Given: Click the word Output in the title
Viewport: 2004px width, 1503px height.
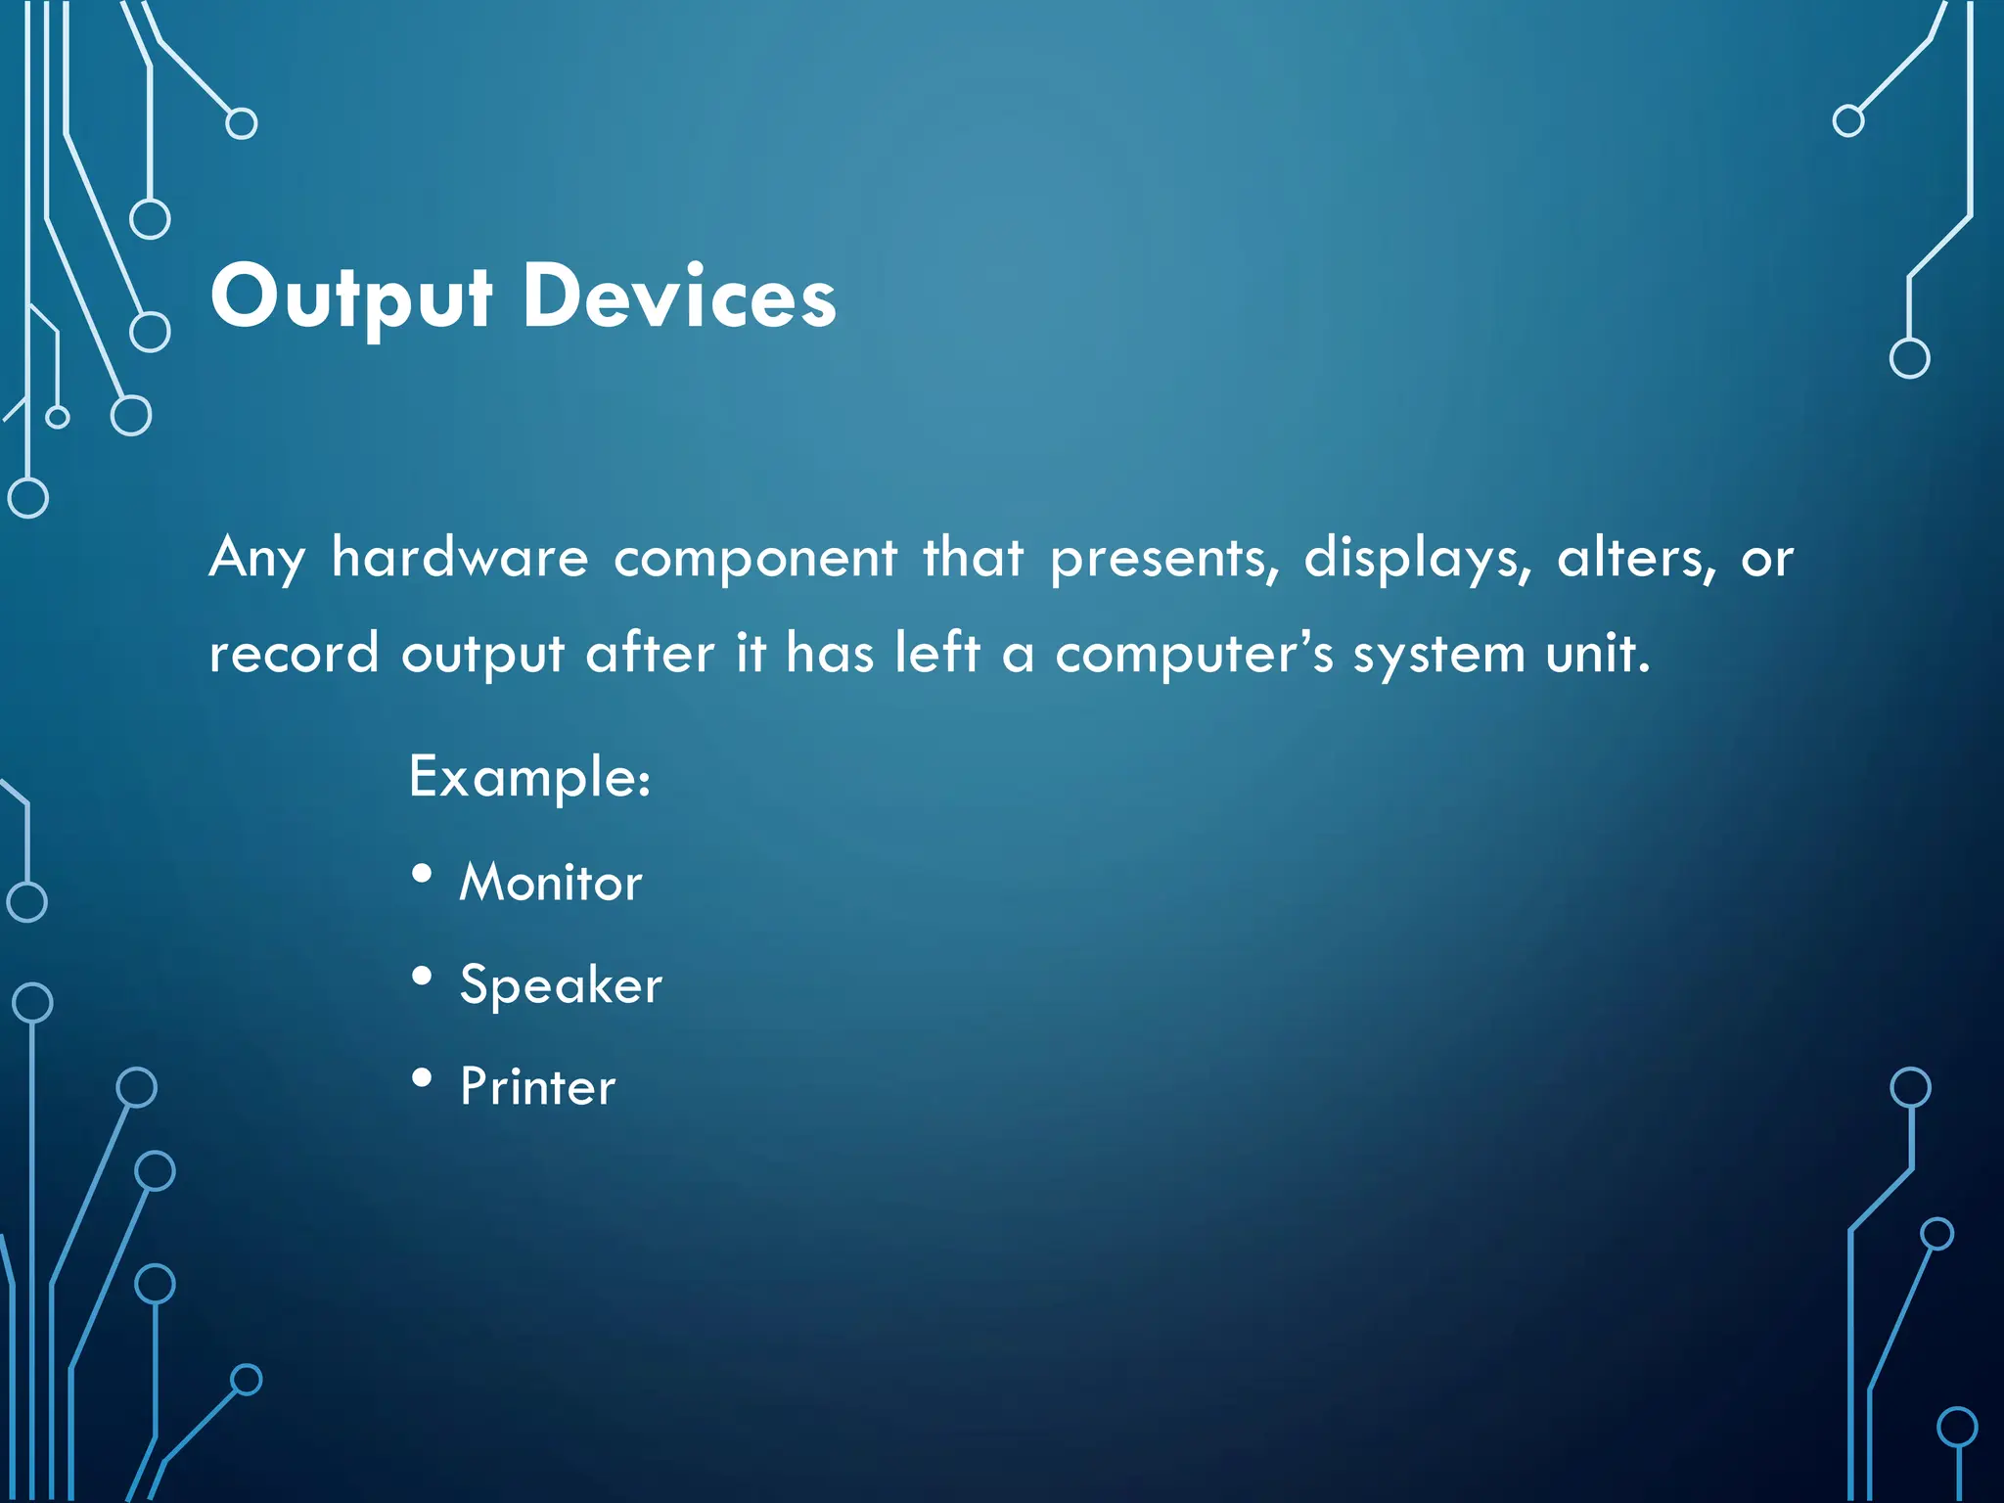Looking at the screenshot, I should click(x=350, y=297).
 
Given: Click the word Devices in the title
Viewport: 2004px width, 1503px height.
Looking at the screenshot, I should click(x=679, y=297).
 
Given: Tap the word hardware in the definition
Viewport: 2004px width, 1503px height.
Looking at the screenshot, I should click(x=460, y=559).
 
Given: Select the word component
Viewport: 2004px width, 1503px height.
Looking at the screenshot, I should click(x=754, y=559).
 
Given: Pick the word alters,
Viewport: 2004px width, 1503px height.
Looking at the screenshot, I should click(x=1636, y=559).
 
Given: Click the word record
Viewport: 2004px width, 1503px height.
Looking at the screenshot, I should click(x=294, y=655).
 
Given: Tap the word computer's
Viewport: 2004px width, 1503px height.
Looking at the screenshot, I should click(x=1194, y=655).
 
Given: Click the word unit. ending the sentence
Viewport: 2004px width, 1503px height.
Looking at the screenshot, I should click(x=1598, y=653).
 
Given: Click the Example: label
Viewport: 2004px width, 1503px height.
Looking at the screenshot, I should click(x=529, y=778).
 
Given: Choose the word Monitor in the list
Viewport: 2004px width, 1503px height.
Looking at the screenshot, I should click(x=551, y=882).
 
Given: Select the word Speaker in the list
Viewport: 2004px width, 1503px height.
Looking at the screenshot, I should click(x=561, y=985).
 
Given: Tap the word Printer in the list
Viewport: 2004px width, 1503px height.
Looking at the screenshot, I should click(x=538, y=1086).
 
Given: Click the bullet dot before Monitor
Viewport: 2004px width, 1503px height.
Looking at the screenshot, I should click(x=422, y=874).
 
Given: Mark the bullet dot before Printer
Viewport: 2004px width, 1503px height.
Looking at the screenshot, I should click(x=422, y=1077).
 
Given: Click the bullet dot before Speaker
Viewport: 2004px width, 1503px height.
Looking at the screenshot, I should click(x=422, y=976).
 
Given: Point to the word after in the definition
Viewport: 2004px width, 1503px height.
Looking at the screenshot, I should click(x=650, y=653).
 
